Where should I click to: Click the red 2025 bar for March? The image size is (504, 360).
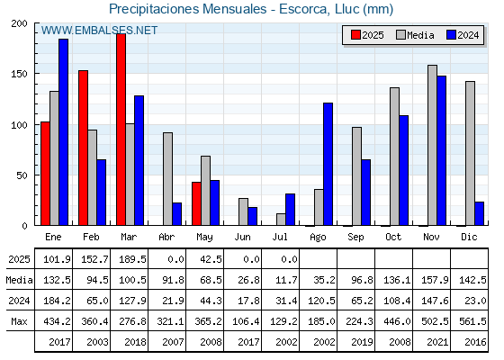pos(121,130)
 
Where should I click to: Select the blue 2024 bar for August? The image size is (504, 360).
pos(328,164)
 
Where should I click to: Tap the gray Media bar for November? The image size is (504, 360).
pos(432,145)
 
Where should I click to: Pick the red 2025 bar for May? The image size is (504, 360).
pos(196,203)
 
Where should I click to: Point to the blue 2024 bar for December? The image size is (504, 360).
pos(479,214)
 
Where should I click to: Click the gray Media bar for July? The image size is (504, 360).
pos(281,220)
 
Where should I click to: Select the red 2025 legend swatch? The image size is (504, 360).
pos(355,35)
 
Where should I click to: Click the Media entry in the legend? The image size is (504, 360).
pos(415,35)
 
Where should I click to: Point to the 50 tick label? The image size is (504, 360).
pos(22,175)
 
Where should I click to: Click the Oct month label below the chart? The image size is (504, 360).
pos(393,238)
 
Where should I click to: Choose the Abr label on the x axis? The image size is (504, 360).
pos(166,238)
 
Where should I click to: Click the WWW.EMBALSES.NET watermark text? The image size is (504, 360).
pos(99,31)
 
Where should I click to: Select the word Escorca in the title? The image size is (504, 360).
pos(304,9)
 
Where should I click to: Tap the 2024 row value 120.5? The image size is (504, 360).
pos(321,301)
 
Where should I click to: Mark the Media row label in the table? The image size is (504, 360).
pos(19,280)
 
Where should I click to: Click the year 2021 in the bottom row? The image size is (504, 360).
pos(437,342)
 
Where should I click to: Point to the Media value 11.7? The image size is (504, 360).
pos(286,280)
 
